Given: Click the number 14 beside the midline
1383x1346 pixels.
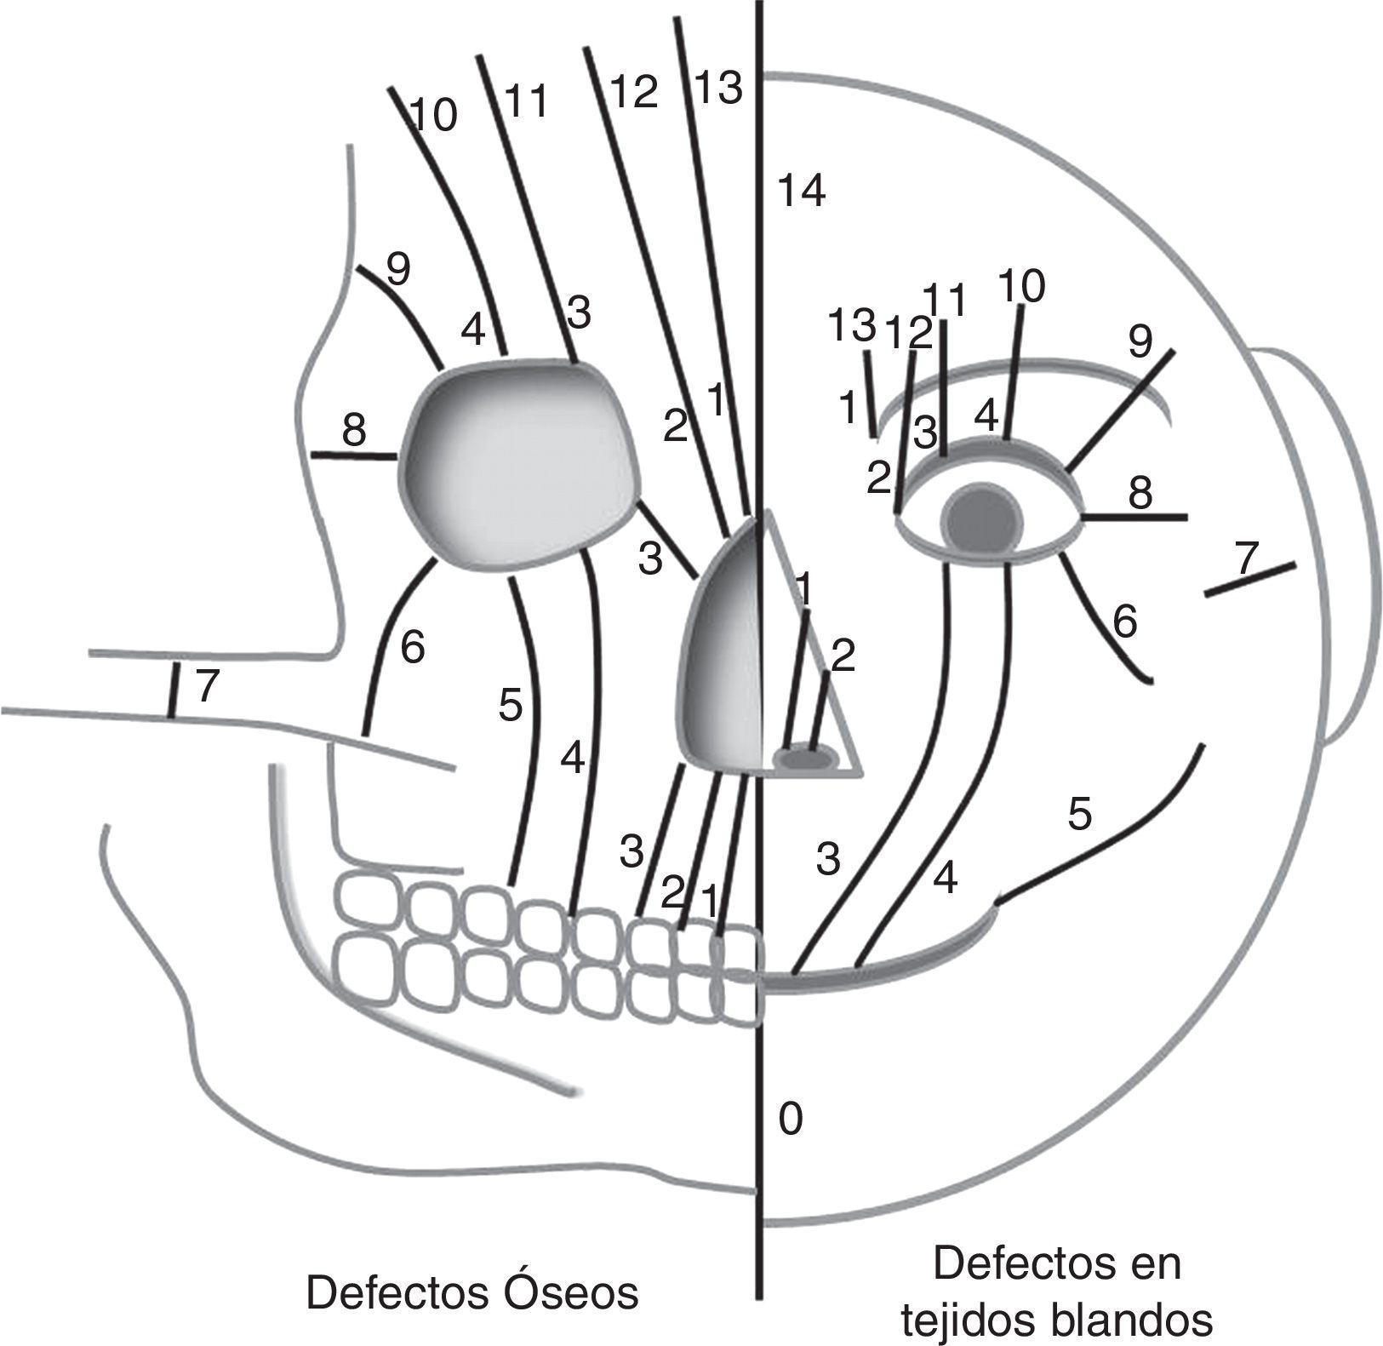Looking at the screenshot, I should point(803,192).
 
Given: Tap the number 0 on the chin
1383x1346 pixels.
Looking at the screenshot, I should point(791,1120).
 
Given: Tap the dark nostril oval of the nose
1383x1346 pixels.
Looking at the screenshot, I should point(804,758).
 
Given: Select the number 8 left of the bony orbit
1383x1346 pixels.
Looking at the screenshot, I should point(354,432).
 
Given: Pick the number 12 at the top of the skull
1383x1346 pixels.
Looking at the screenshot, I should point(634,91).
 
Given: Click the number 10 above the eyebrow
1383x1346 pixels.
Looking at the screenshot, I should point(1022,287).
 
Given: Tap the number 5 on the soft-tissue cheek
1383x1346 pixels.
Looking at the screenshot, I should point(1079,815).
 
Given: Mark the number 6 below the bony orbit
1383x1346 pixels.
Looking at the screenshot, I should point(412,648).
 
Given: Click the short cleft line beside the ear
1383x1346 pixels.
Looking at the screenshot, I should point(1250,579).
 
